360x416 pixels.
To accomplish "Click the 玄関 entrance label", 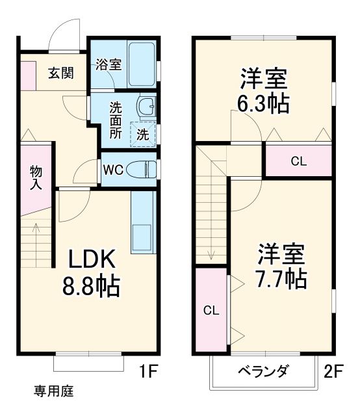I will (60, 72).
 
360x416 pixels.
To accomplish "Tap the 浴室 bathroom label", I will (109, 64).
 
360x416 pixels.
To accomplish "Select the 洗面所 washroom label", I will (115, 120).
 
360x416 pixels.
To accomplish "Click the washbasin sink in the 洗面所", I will (147, 106).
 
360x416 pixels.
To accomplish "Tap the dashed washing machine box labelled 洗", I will (143, 134).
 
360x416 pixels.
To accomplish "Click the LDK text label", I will (92, 259).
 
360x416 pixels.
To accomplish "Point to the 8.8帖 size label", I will (92, 286).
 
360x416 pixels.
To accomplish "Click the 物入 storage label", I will (36, 177).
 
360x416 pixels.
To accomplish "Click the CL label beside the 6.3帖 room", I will (298, 161).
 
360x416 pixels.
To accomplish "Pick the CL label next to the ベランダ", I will (211, 310).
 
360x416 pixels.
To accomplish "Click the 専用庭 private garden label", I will (54, 391).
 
